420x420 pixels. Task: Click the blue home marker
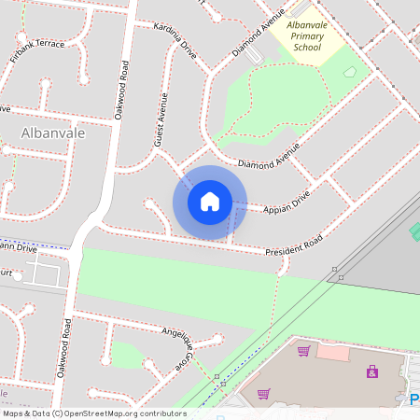pyautogui.click(x=210, y=202)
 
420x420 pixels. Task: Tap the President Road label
pyautogui.click(x=293, y=246)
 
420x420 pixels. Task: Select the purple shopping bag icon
pyautogui.click(x=372, y=371)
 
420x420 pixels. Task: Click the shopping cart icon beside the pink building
pyautogui.click(x=303, y=351)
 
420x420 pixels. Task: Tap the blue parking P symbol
pyautogui.click(x=414, y=399)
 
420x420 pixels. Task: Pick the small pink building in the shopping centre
pyautogui.click(x=331, y=352)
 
